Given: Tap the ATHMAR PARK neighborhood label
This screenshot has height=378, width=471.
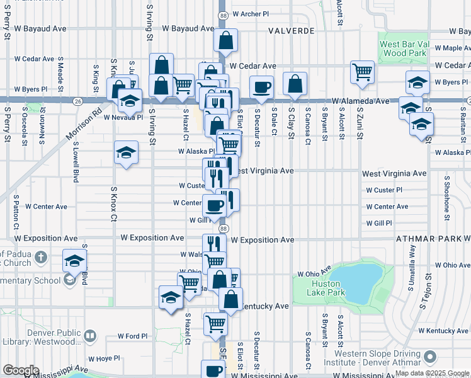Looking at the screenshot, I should (x=429, y=239).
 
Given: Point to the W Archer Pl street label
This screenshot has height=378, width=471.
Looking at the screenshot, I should (x=251, y=13).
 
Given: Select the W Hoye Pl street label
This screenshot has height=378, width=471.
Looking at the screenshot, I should (x=104, y=358).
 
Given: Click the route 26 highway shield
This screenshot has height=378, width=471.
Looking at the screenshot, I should (x=77, y=100).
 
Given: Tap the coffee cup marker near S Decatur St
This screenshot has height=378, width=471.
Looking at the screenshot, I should (x=261, y=87).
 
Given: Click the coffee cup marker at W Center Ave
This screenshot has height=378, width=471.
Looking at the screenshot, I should (x=214, y=205).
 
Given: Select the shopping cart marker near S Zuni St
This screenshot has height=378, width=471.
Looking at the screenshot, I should (x=363, y=72).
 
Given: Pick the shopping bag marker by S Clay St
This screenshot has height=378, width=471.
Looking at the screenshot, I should (x=295, y=83).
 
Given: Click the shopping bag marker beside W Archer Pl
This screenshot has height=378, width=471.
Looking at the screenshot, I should (x=225, y=40).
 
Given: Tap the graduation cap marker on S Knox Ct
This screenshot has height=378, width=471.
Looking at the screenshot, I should (x=126, y=152).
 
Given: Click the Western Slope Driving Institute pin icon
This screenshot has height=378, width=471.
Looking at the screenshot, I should (x=430, y=357).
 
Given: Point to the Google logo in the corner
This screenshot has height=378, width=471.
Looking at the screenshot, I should (x=21, y=370).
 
